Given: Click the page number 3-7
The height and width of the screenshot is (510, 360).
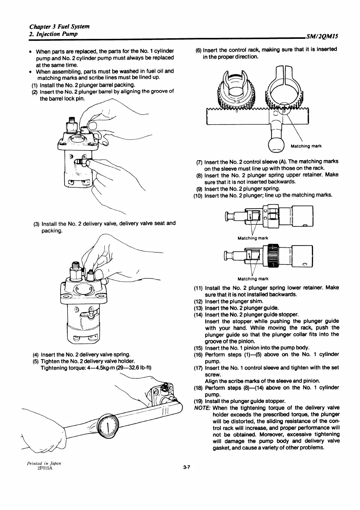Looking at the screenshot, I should pos(186,467).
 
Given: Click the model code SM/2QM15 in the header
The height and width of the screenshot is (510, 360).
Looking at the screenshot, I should pos(322,37).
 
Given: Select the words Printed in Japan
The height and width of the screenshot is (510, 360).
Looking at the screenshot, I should pos(44,463).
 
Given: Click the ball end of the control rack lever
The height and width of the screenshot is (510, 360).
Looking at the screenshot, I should pos(276,147).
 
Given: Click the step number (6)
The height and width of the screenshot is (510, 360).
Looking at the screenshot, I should pos(198,50).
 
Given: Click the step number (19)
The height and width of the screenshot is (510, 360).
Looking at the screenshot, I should pos(198,401).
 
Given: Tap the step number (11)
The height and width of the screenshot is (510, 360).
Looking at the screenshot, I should pos(198,288).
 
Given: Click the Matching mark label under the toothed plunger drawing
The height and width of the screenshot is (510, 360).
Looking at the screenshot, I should pos(253,279).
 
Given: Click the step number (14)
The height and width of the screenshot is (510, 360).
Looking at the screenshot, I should pos(198,314).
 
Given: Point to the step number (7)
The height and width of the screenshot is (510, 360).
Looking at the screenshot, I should pos(200,162).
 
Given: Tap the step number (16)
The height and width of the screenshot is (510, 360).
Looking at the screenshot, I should pos(198,354).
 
